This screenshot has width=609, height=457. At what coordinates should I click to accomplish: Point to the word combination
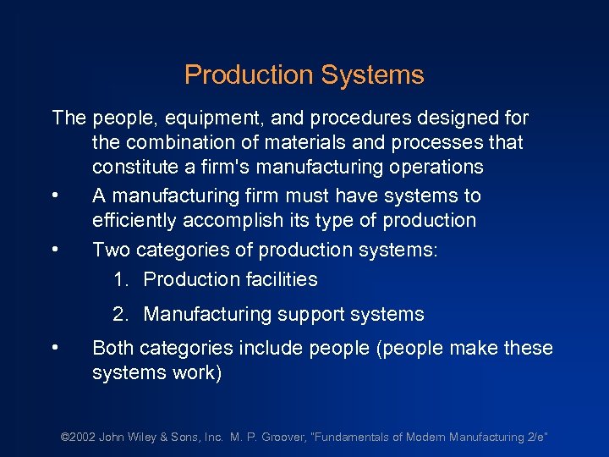click(180, 142)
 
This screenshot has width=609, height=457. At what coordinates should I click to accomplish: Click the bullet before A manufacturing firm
click(55, 196)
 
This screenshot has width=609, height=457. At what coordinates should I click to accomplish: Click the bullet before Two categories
click(55, 251)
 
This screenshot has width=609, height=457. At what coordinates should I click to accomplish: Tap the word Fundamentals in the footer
click(354, 438)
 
